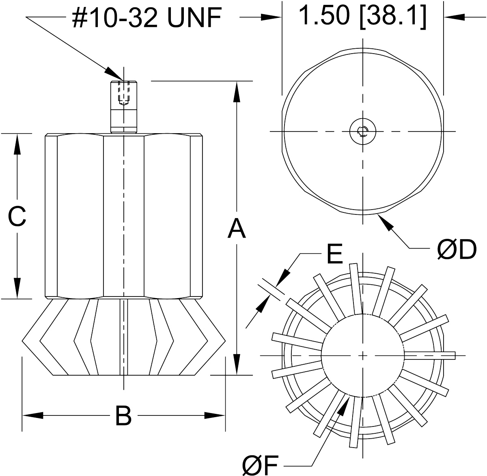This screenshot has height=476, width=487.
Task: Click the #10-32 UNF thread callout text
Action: [146, 18]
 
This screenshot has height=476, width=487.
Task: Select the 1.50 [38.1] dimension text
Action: [362, 16]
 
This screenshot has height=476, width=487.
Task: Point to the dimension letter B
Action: [123, 415]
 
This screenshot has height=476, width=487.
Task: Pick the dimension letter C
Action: [17, 216]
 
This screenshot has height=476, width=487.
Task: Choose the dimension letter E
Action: [334, 255]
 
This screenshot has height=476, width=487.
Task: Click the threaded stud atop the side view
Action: [123, 107]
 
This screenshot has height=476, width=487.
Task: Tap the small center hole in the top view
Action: [362, 131]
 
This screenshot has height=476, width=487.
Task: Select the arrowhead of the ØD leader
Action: [385, 222]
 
